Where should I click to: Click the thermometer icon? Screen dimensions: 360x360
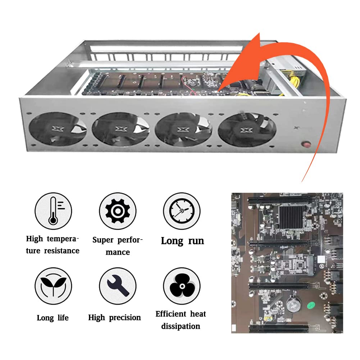coord(53,211)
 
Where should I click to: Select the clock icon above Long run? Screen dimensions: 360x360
coord(182,211)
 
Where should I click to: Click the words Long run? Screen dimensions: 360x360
coord(182,241)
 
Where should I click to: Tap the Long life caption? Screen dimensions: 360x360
coord(53,318)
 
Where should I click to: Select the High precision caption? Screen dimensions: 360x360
coord(115,318)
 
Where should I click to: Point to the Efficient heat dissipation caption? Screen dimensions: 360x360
coord(181,320)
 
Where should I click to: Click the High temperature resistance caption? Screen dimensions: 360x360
coord(53,245)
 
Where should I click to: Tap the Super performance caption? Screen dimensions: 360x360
coord(118,246)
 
